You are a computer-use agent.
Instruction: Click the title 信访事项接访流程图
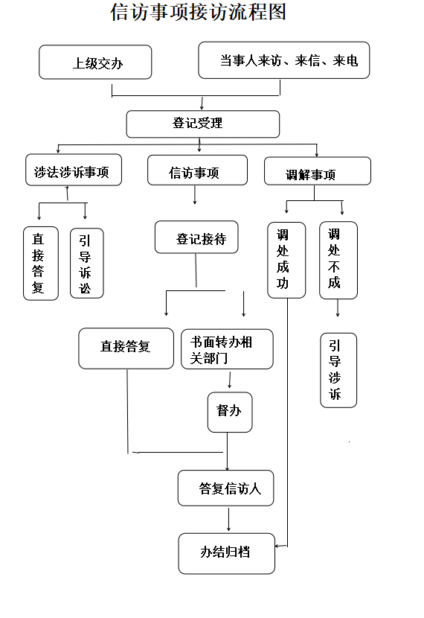(198, 12)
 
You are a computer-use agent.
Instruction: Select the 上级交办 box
(95, 62)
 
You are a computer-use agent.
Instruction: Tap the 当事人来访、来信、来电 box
(284, 60)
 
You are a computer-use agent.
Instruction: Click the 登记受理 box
(203, 124)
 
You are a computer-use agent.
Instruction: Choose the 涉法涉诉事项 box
(74, 170)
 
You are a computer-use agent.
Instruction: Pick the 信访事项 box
(198, 170)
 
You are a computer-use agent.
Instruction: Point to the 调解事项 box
(318, 171)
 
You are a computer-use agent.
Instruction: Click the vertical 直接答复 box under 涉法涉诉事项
(41, 264)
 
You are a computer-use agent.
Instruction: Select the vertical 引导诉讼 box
(87, 264)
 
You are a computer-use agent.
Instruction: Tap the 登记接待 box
(196, 237)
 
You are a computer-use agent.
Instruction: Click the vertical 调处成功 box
(286, 260)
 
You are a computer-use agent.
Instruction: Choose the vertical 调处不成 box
(338, 260)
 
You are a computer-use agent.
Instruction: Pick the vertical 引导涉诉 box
(338, 370)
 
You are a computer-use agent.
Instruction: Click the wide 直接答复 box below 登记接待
(126, 348)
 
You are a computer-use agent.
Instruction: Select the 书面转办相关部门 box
(227, 349)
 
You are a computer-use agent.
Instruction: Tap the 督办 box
(230, 412)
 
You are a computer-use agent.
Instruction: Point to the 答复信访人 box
(226, 488)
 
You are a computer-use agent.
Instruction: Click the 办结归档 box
(227, 553)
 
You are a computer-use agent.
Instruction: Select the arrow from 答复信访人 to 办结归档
(228, 520)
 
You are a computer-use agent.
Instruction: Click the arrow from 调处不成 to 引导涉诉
(338, 308)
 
